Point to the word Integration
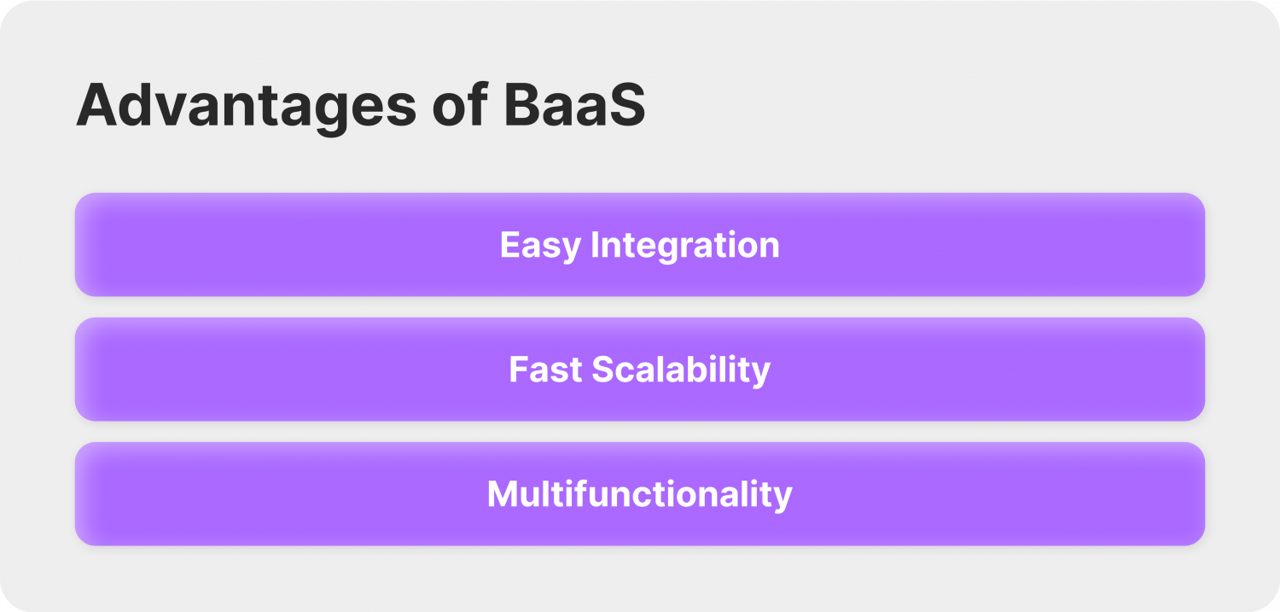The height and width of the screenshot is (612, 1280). pyautogui.click(x=685, y=246)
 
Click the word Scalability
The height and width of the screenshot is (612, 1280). pyautogui.click(x=681, y=370)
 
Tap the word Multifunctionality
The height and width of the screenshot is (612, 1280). pyautogui.click(x=639, y=494)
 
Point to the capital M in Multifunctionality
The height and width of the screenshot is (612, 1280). pyautogui.click(x=502, y=494)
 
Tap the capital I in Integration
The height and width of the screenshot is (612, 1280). pyautogui.click(x=595, y=245)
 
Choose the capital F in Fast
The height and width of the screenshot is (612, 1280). pyautogui.click(x=517, y=370)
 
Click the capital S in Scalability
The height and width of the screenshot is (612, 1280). pyautogui.click(x=603, y=370)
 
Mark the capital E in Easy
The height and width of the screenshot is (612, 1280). pyautogui.click(x=509, y=245)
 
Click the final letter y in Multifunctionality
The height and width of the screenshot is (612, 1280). pyautogui.click(x=784, y=497)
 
